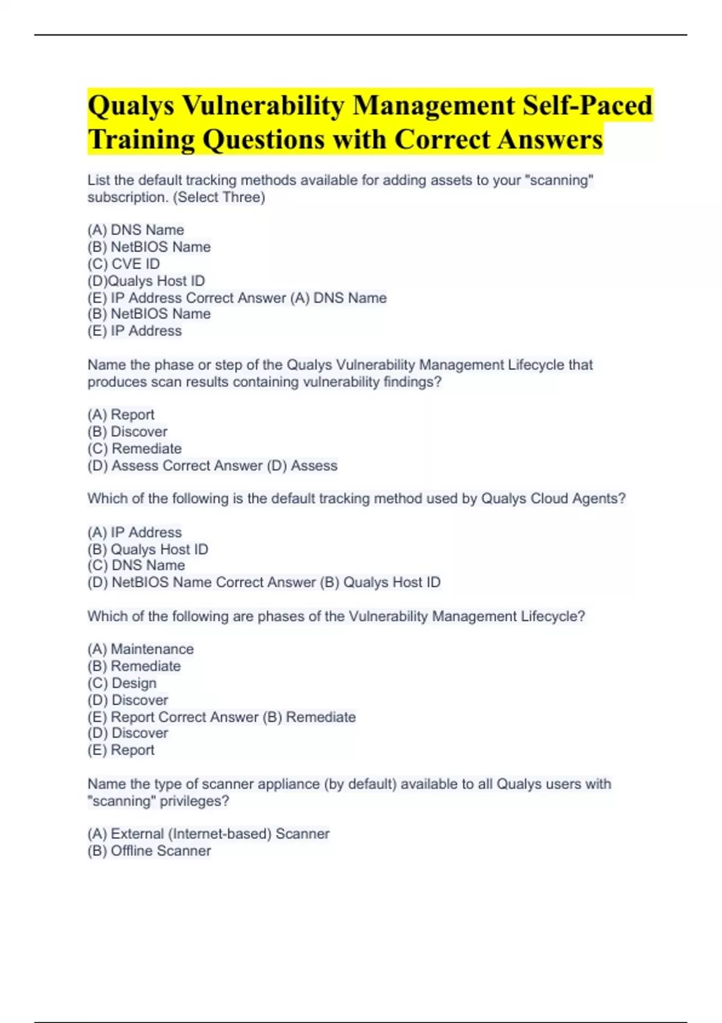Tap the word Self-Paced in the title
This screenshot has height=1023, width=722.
tap(587, 106)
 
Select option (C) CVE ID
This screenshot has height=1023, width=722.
tap(124, 264)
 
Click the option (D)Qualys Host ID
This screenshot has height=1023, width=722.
tap(146, 280)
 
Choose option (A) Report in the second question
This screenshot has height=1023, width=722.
tap(121, 415)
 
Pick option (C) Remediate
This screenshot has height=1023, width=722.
tap(135, 448)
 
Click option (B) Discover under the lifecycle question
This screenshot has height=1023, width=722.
tap(128, 431)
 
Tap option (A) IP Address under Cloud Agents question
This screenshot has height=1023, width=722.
tap(135, 532)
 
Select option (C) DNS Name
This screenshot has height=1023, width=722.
tap(137, 565)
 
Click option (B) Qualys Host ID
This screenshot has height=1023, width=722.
tap(148, 549)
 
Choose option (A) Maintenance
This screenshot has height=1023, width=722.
tap(141, 649)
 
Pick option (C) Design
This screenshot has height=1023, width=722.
tap(122, 683)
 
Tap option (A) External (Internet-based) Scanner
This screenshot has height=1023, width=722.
tap(209, 833)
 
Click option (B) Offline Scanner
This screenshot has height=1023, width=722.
tap(149, 850)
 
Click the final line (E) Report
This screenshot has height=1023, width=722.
tap(121, 750)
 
